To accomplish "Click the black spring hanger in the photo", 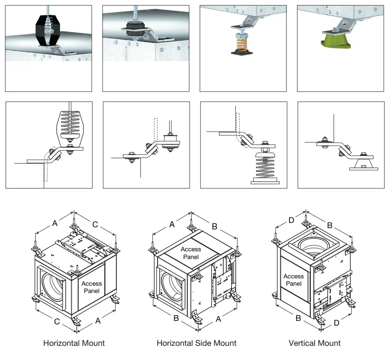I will tap(48, 30).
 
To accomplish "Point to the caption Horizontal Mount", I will tap(74, 343).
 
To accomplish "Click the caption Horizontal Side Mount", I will tap(196, 343).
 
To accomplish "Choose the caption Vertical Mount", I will tap(315, 343).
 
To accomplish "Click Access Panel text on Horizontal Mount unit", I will tap(91, 287).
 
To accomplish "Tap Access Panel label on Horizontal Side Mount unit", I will tap(191, 253).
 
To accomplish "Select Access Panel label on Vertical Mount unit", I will tap(294, 280).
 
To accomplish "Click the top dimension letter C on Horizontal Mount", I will tap(95, 224).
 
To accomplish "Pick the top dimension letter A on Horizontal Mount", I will tap(55, 223).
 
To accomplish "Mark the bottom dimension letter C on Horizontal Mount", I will tap(56, 320).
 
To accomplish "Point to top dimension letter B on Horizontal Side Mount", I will tap(214, 226).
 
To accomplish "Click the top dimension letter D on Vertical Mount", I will tap(291, 220).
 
